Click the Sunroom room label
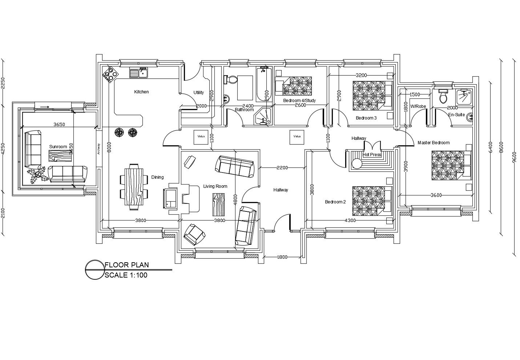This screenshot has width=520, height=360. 58,147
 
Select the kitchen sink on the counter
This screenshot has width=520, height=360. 138,73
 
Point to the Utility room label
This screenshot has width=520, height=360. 198,93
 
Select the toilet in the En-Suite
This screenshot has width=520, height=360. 443,96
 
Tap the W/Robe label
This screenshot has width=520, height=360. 418,106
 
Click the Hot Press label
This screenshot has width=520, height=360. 372,155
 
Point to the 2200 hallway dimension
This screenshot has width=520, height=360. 282,168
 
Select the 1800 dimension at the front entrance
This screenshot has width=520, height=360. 282,257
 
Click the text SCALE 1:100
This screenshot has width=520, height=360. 126,275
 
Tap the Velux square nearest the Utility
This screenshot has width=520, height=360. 201,137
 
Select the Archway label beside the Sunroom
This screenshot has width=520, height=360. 98,149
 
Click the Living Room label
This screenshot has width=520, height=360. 215,186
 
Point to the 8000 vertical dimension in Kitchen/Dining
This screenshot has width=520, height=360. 109,147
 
